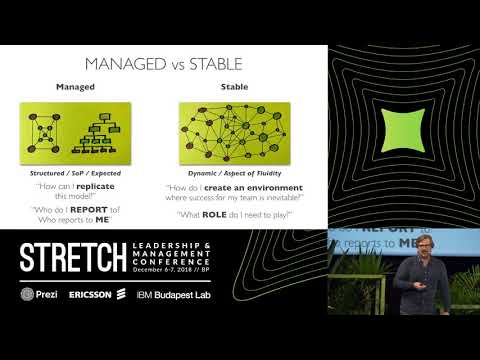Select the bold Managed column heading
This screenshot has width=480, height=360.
(x=74, y=88)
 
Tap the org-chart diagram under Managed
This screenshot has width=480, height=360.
(x=74, y=134)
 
